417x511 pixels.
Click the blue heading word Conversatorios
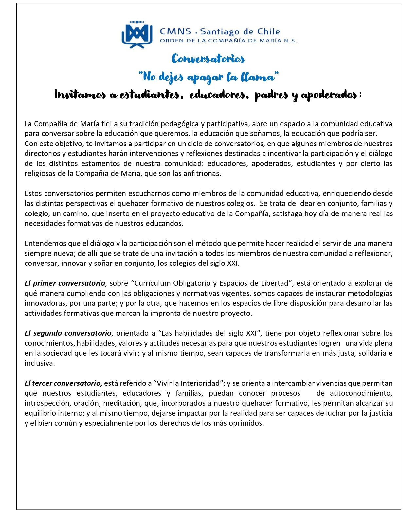[x=208, y=59]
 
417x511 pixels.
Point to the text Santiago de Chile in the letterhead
[x=240, y=32]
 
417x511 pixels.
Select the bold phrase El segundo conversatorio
[x=68, y=333]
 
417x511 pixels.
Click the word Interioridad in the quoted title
[x=200, y=383]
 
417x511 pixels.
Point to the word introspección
[x=46, y=403]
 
